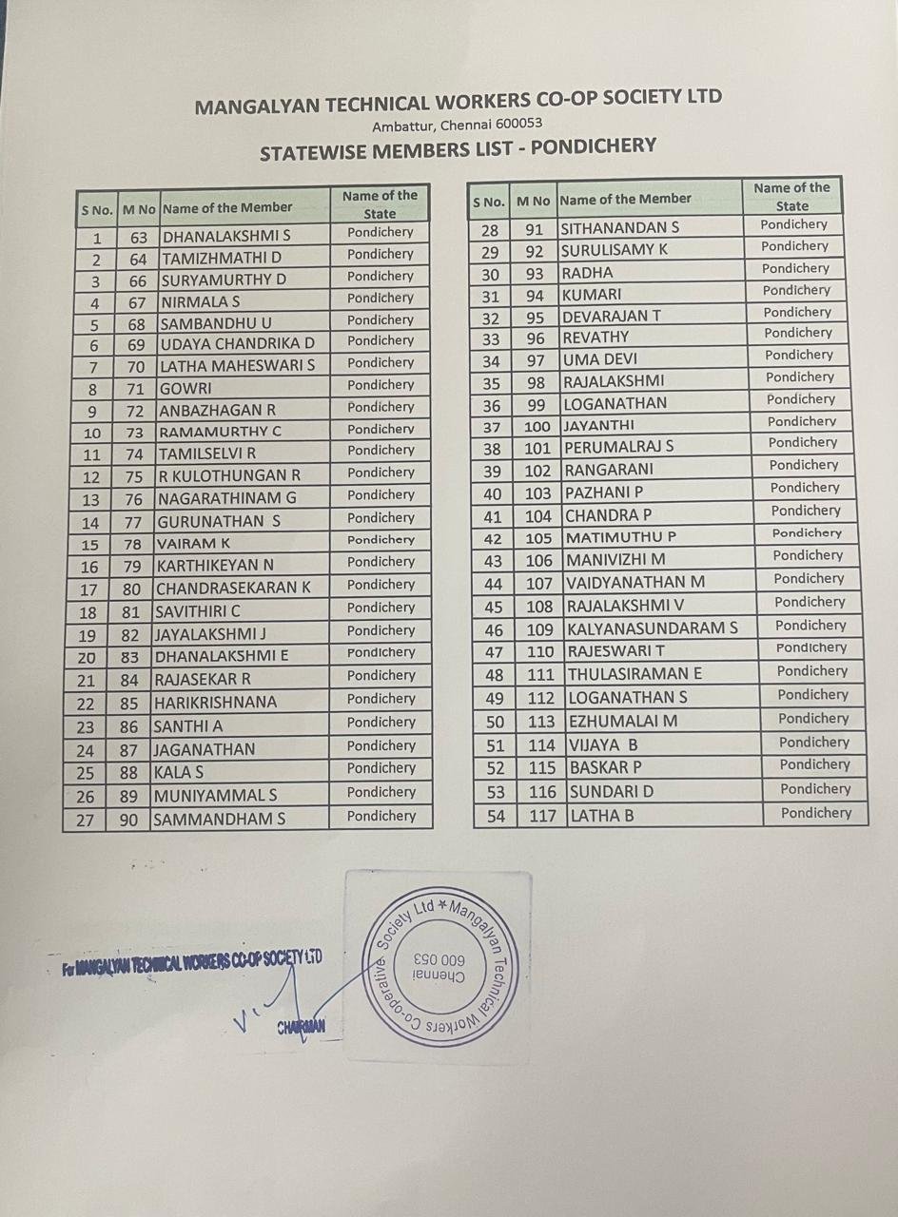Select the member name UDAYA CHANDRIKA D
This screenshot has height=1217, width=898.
[237, 343]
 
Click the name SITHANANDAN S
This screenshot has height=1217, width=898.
[619, 228]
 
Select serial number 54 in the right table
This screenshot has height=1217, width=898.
[496, 816]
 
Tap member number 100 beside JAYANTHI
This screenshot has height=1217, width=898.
[537, 426]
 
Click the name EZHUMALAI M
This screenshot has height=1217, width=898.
[622, 721]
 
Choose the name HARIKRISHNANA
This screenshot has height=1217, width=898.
[215, 703]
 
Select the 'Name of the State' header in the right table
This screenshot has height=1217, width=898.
[791, 196]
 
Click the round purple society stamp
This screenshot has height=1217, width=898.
[440, 964]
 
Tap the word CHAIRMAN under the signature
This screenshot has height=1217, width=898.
[302, 1026]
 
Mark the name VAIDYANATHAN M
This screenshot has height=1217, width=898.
[634, 582]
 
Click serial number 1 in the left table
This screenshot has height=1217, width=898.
[97, 238]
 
